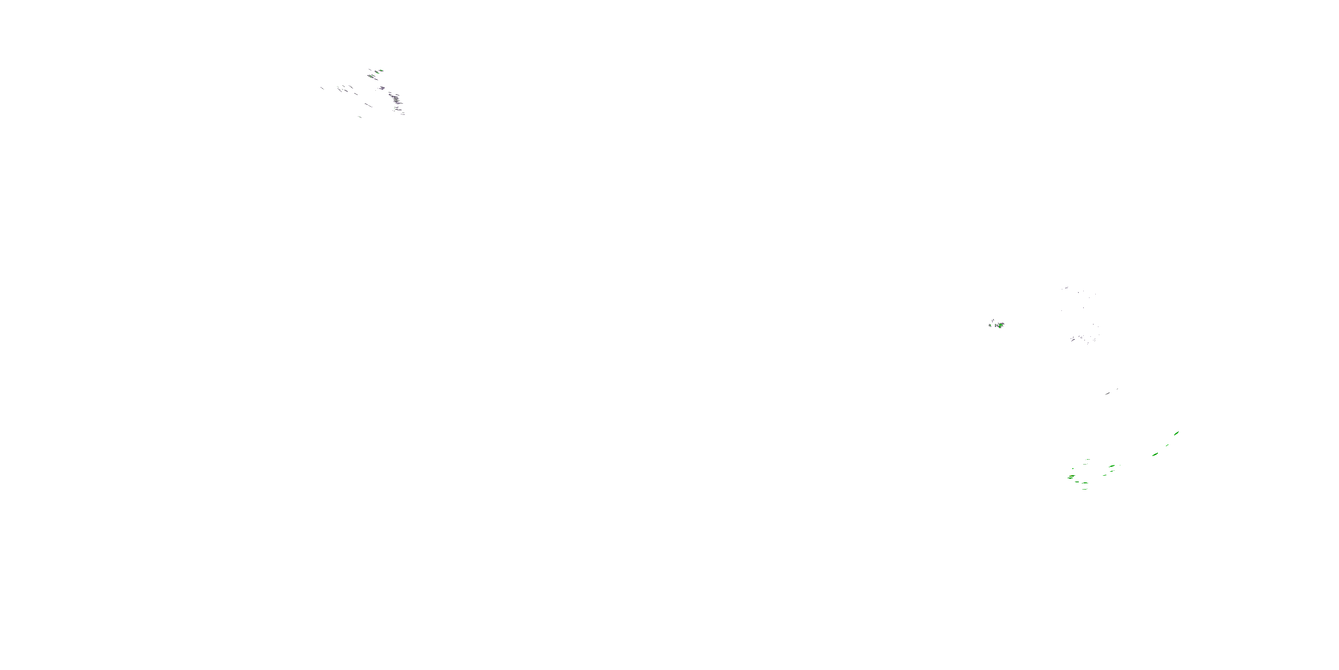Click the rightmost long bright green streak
pyautogui.click(x=1176, y=433)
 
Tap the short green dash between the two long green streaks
pyautogui.click(x=1167, y=445)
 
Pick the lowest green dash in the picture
pyautogui.click(x=1085, y=483)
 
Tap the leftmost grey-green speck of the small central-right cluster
pyautogui.click(x=990, y=325)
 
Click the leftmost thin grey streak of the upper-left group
pyautogui.click(x=322, y=88)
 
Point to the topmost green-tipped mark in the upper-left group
pyautogui.click(x=381, y=70)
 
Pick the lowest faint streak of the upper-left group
pyautogui.click(x=360, y=117)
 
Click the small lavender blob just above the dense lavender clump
pyautogui.click(x=382, y=88)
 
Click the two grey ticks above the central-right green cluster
pyautogui.click(x=993, y=320)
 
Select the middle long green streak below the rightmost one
pyautogui.click(x=1155, y=454)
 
